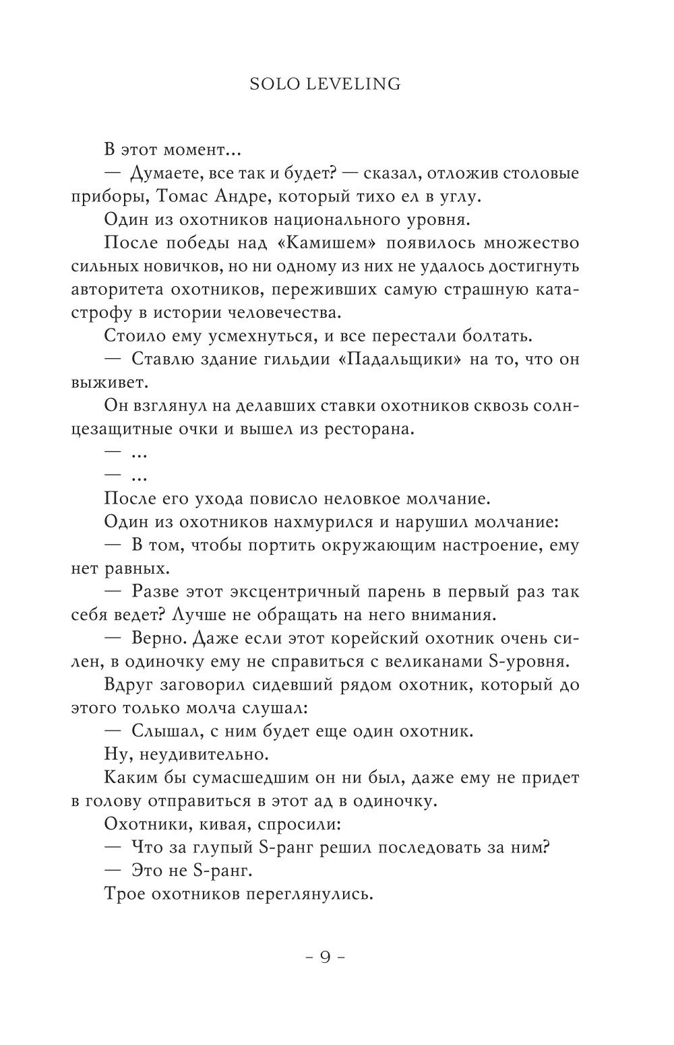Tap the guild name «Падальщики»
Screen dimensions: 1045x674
[x=399, y=359]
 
